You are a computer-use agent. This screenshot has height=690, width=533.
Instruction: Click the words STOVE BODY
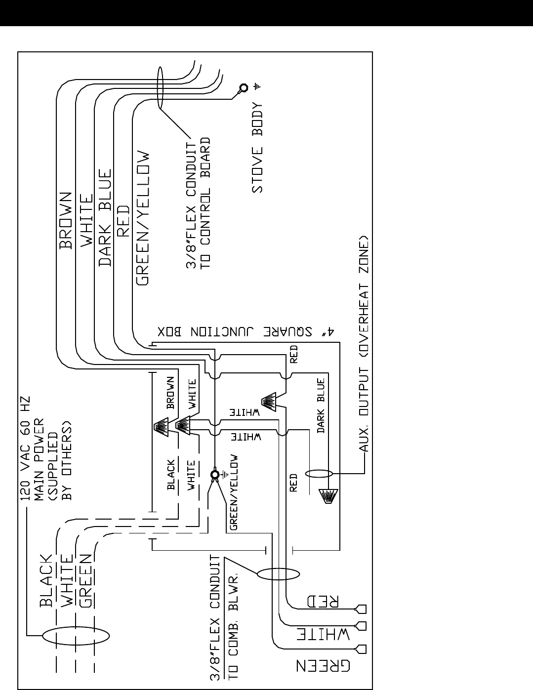(257, 148)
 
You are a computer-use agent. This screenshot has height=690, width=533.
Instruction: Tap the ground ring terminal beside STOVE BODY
(244, 87)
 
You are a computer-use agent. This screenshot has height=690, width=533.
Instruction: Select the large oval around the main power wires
(76, 635)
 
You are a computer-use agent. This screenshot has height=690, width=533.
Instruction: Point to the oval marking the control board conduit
(161, 87)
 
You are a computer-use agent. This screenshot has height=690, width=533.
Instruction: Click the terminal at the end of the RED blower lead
(361, 609)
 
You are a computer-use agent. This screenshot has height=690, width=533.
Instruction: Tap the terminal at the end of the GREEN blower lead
(361, 649)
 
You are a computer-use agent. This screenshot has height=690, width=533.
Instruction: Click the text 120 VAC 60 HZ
(25, 448)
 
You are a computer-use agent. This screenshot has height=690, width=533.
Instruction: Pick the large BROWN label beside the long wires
(66, 220)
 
